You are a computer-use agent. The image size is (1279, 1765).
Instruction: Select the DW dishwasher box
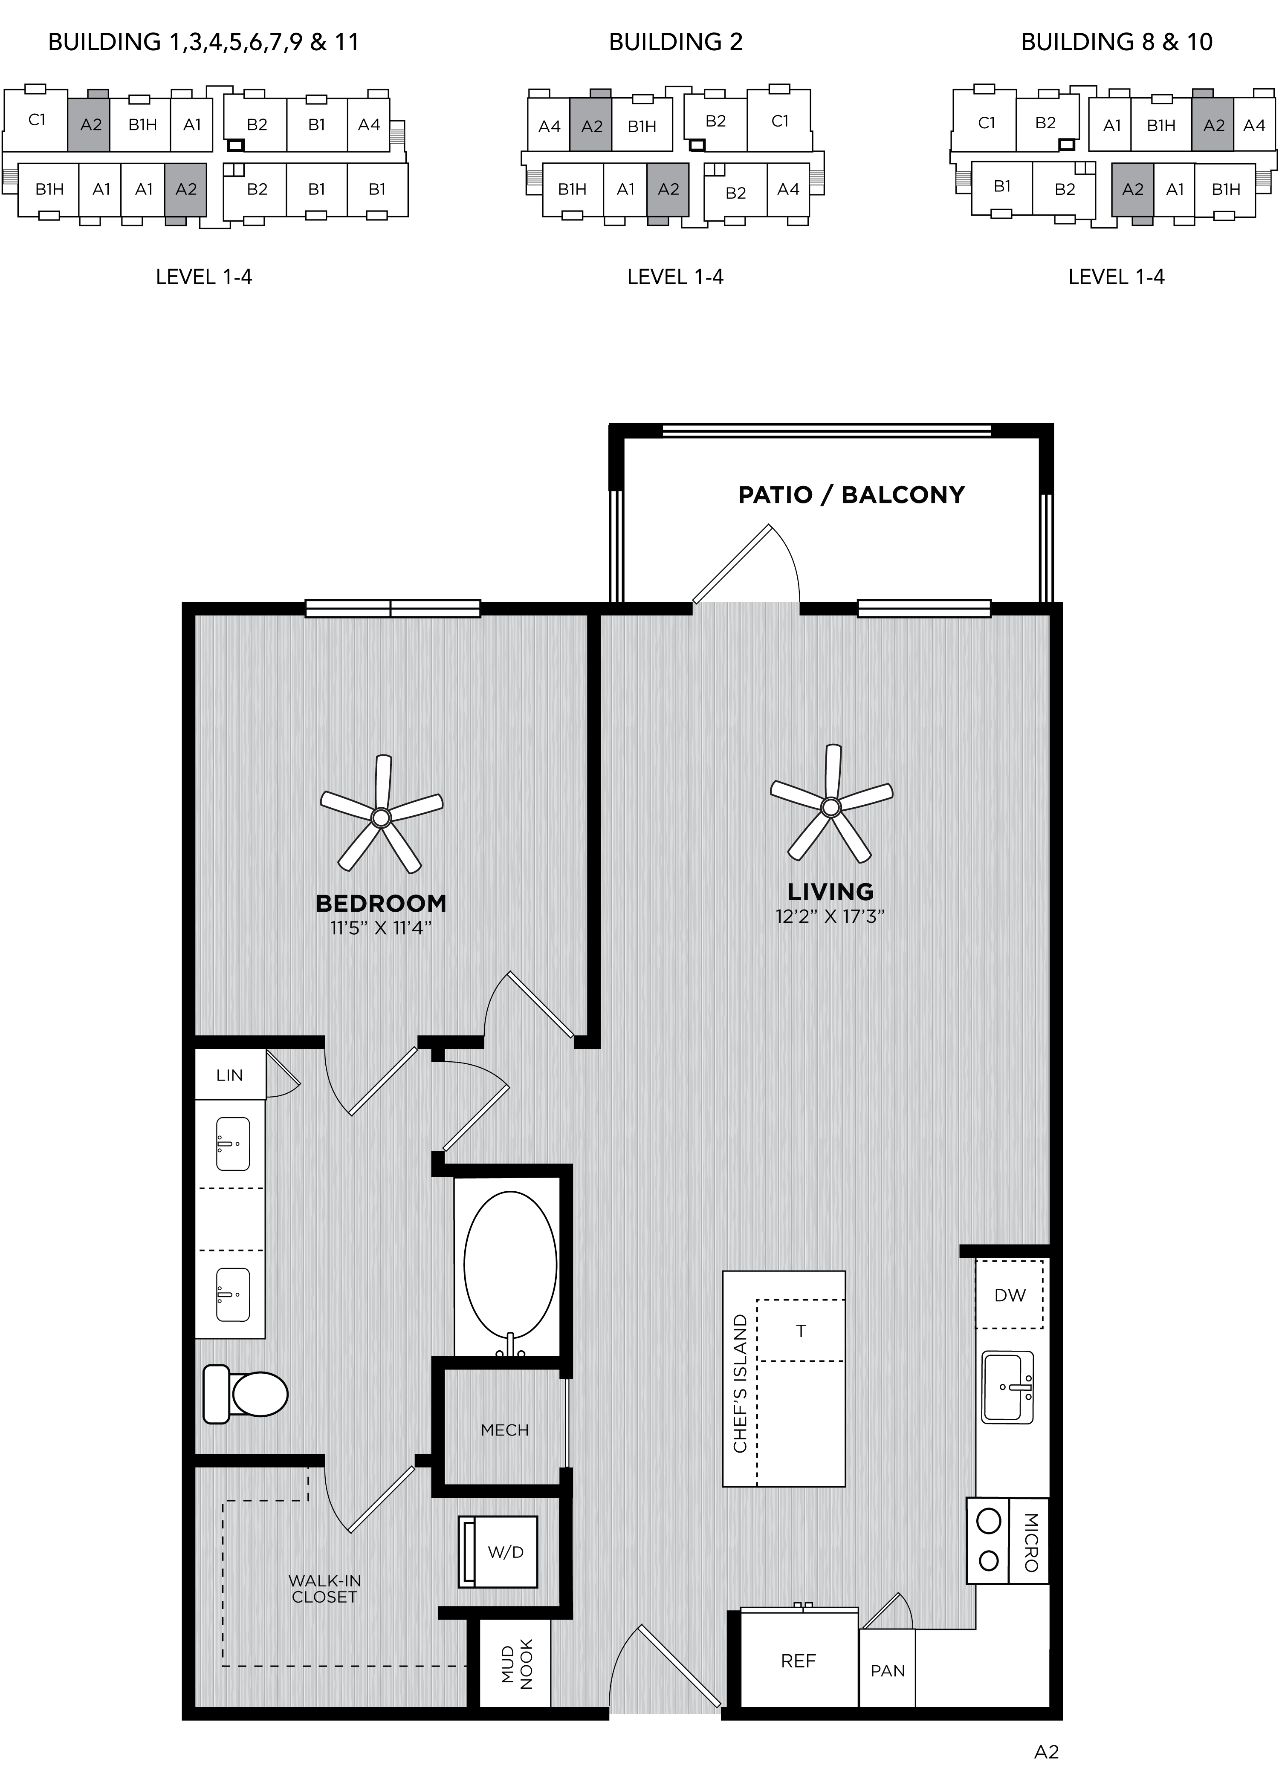[x=1010, y=1294]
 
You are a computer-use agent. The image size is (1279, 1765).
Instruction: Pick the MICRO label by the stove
[x=1031, y=1542]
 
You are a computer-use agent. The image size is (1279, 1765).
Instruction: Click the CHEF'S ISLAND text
[x=740, y=1383]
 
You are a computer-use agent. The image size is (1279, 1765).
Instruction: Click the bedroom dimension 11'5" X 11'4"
[x=381, y=927]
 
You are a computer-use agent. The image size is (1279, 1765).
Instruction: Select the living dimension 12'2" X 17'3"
[x=830, y=916]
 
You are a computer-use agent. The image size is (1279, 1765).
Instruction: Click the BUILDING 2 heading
[x=676, y=42]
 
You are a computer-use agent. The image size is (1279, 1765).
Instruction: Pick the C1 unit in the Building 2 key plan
[x=779, y=121]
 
